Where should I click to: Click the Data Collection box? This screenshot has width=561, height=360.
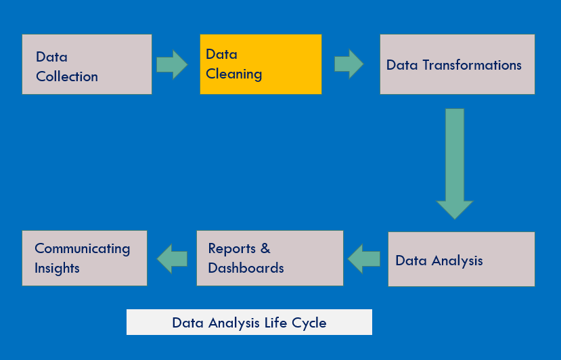[x=87, y=64]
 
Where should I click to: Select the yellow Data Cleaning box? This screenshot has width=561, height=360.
[x=261, y=64]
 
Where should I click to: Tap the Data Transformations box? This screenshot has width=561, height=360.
[x=457, y=64]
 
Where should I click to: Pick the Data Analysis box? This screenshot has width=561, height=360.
[x=461, y=259]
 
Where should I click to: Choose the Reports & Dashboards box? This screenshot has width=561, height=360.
[x=269, y=258]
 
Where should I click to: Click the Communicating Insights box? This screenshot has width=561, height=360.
[x=85, y=258]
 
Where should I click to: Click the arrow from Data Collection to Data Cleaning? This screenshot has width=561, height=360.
[x=172, y=64]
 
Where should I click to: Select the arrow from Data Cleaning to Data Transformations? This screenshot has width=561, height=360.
[x=349, y=64]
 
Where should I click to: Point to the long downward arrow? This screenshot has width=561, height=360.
[x=455, y=162]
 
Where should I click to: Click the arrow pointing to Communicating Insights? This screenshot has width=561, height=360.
[x=172, y=258]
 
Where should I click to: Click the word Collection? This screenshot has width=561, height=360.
[x=67, y=76]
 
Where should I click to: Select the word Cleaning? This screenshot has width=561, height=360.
[x=233, y=74]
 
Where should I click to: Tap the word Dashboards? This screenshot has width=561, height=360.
[x=246, y=268]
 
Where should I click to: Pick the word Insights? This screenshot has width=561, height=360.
[x=57, y=268]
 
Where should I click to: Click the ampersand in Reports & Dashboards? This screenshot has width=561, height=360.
[x=265, y=248]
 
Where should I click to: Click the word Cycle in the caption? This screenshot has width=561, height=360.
[x=309, y=323]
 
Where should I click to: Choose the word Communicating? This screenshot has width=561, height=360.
[x=82, y=248]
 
